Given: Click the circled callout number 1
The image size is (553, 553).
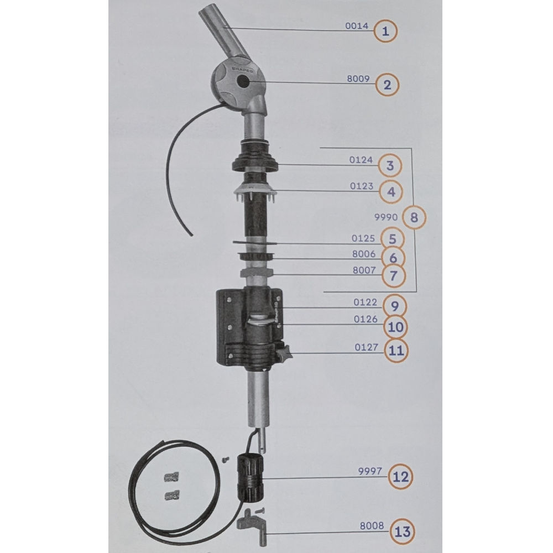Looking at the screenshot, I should (x=386, y=31).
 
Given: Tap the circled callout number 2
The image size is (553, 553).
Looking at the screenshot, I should (x=387, y=85).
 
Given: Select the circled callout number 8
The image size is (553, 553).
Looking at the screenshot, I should (x=415, y=218).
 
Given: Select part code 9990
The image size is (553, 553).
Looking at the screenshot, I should (x=387, y=217).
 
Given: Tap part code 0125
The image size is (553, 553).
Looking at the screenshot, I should (x=364, y=239).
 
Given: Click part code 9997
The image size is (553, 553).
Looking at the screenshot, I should (x=368, y=473).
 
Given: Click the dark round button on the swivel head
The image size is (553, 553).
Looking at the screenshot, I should (x=243, y=83).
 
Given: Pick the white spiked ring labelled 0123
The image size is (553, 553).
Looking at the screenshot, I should (x=254, y=193).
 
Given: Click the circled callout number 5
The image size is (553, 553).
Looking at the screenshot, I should (x=392, y=239).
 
